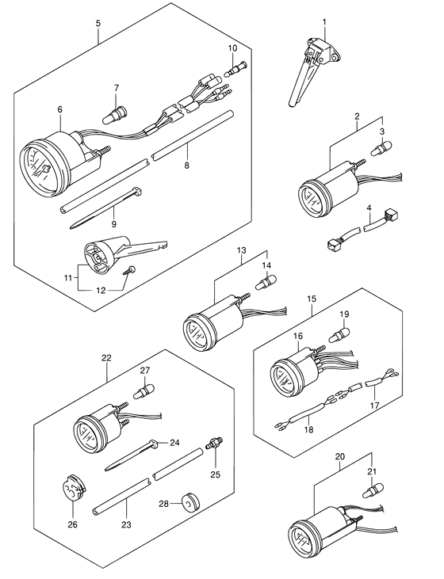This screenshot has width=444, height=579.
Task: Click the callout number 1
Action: pyautogui.click(x=323, y=21)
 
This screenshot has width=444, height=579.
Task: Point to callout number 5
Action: pyautogui.click(x=98, y=24)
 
